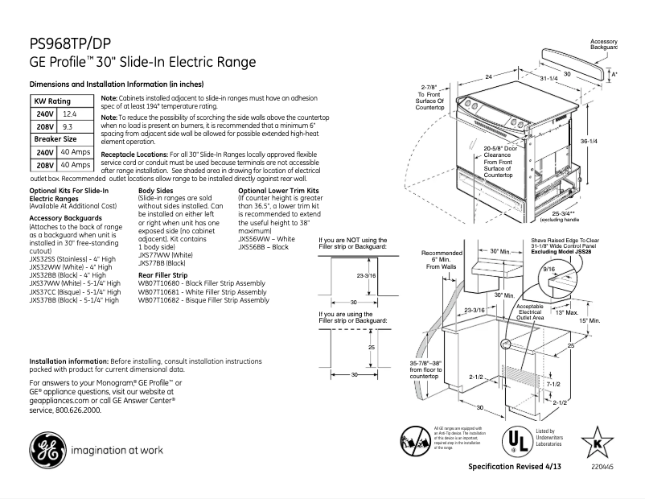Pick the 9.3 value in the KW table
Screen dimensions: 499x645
point(68,127)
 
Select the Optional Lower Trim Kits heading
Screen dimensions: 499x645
point(274,190)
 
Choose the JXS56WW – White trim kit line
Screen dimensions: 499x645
point(266,240)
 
